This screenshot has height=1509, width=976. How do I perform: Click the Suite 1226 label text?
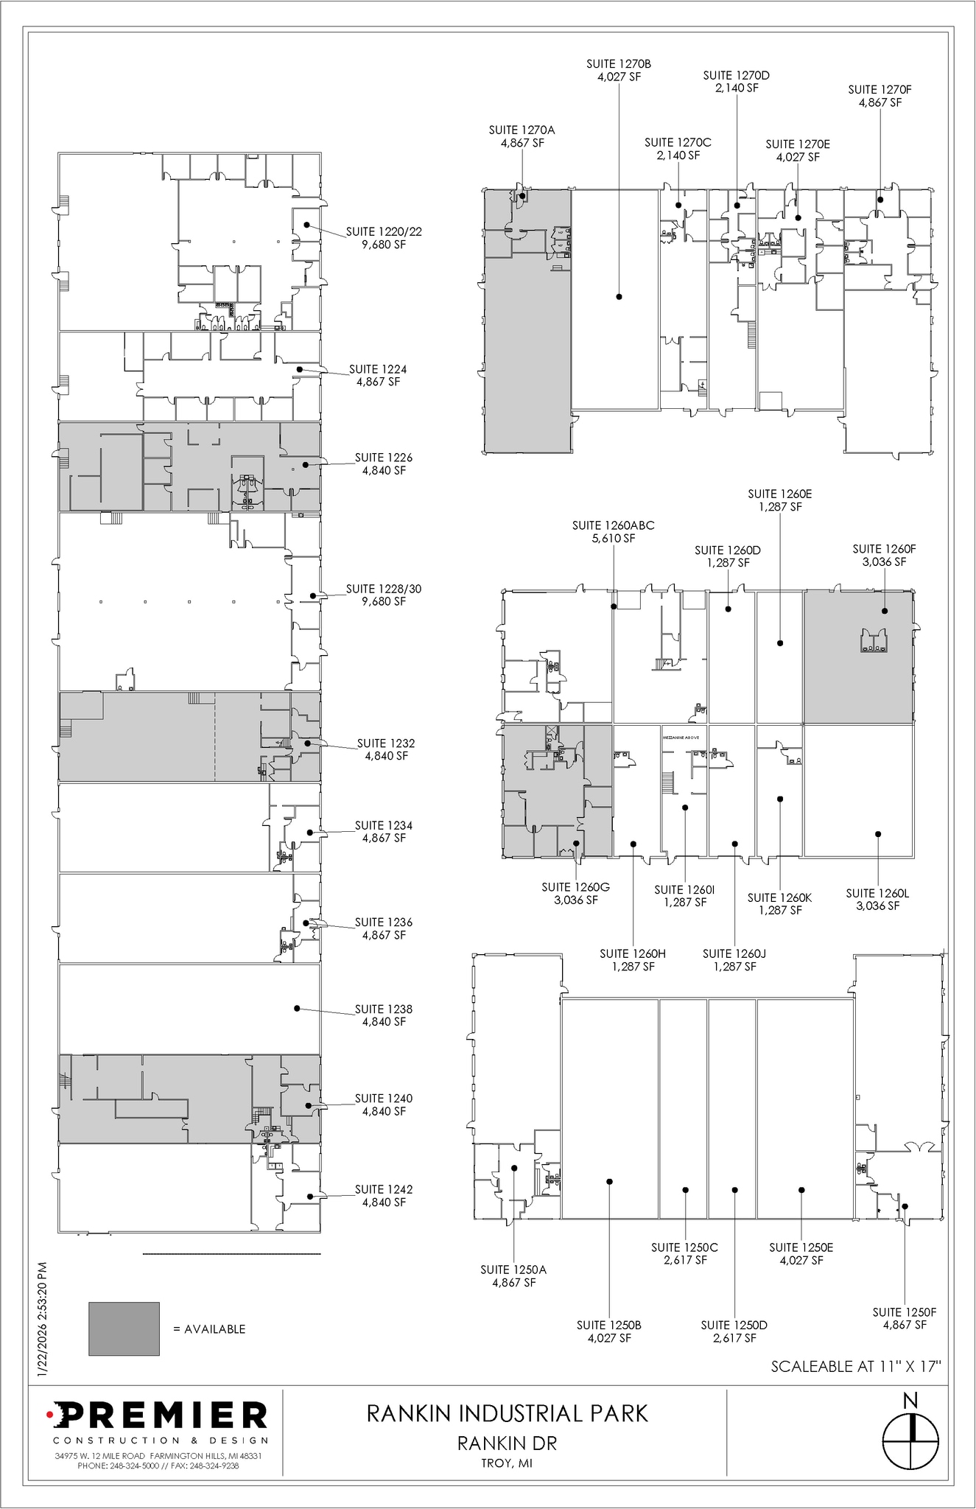[383, 463]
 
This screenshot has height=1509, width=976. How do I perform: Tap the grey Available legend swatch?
[124, 1328]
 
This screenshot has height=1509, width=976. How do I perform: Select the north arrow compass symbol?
[910, 1438]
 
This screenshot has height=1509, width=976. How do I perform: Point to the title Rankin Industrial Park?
[507, 1413]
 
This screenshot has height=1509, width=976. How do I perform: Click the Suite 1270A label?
[522, 136]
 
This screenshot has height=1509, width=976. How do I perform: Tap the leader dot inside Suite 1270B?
[619, 296]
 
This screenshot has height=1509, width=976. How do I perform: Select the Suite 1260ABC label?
[613, 532]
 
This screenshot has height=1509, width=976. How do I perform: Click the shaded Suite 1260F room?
[858, 678]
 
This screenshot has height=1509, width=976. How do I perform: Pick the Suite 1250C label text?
[684, 1253]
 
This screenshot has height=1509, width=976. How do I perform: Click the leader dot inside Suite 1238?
[297, 1008]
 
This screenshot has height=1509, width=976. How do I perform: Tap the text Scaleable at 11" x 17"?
[857, 1366]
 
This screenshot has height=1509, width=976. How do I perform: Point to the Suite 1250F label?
[904, 1318]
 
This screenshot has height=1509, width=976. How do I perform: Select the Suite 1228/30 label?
[383, 595]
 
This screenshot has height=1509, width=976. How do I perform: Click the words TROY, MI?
[507, 1463]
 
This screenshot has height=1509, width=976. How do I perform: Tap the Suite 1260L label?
[877, 899]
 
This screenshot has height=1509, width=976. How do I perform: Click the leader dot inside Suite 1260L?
[877, 834]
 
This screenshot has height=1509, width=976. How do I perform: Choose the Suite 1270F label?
[880, 96]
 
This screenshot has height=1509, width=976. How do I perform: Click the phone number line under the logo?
[158, 1466]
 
